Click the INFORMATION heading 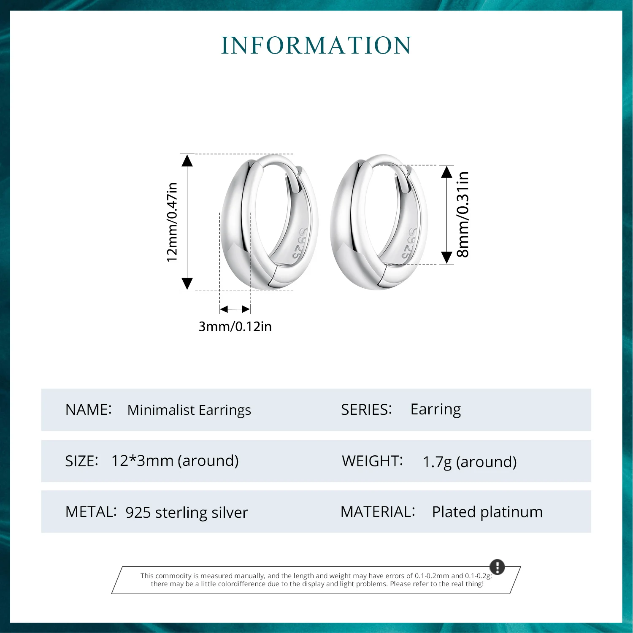316,46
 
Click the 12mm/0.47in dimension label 172,222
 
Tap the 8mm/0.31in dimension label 463,214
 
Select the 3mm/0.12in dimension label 235,326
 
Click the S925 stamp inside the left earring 299,244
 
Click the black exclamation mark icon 497,567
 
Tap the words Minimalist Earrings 189,410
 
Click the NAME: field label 89,409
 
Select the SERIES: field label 366,409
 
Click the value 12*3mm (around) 175,460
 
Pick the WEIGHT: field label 372,461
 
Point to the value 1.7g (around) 470,462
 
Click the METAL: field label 91,511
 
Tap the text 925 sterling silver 187,512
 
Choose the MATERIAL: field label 378,511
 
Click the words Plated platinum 487,512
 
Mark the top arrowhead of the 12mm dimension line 187,160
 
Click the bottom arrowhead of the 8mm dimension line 447,258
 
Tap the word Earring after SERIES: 436,409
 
